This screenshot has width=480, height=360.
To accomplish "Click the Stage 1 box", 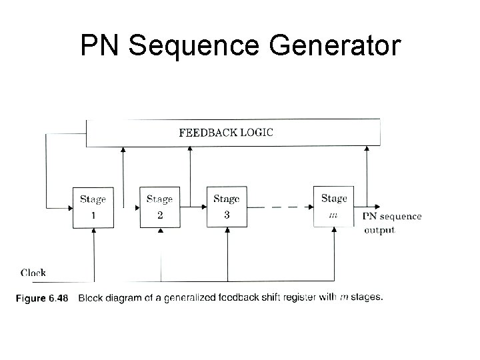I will click(x=93, y=207).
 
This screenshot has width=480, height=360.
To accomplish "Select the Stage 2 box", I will click(x=160, y=207).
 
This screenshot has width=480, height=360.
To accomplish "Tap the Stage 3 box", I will click(x=227, y=207).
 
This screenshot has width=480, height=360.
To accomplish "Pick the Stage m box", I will click(x=333, y=207).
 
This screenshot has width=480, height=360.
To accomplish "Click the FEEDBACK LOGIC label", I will click(x=226, y=131).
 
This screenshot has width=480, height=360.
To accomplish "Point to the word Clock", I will click(x=33, y=272).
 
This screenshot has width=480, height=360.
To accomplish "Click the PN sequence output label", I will click(x=391, y=223).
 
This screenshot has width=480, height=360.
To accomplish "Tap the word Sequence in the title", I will click(x=187, y=46).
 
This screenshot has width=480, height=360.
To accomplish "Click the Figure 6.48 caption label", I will click(x=41, y=298).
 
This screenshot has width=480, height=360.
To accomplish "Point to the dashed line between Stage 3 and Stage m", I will click(x=280, y=207).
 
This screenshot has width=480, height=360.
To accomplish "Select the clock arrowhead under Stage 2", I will click(x=160, y=231).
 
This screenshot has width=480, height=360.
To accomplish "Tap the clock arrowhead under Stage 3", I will click(x=227, y=231).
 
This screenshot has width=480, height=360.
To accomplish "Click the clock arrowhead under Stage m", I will click(x=333, y=231).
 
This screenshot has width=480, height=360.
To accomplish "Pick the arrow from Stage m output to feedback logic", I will click(x=366, y=173).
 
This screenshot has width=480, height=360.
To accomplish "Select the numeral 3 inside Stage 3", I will click(x=227, y=214).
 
